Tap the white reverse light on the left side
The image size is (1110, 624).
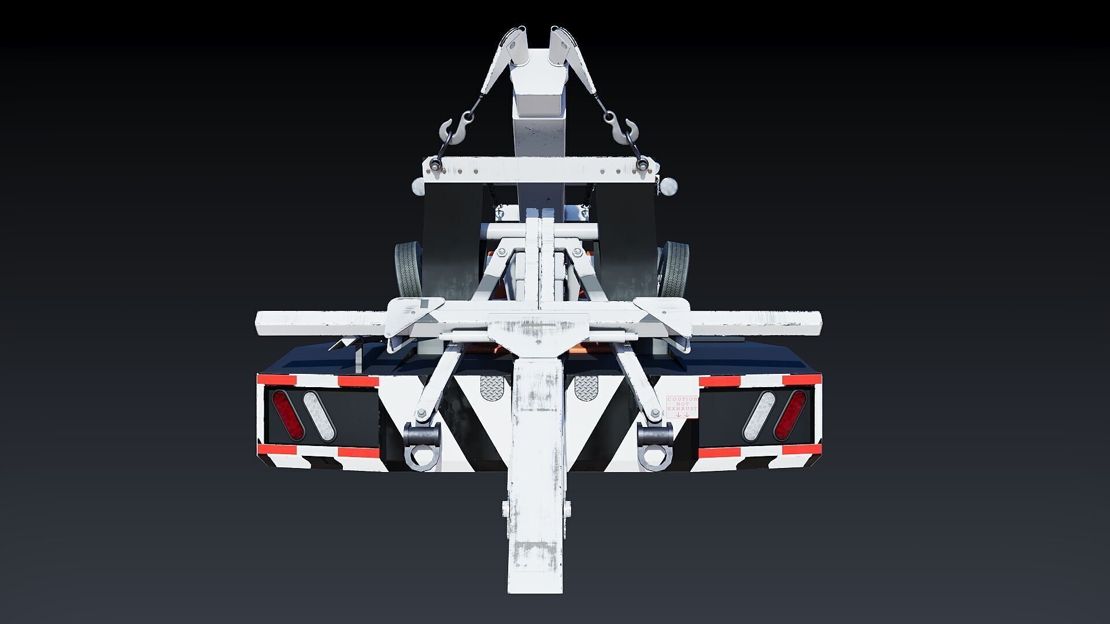point(320,415)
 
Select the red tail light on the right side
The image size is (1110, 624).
point(790,415)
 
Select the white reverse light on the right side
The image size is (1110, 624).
point(759,415)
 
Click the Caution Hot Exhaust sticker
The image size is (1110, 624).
point(682,407)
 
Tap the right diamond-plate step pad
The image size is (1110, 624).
point(588,387)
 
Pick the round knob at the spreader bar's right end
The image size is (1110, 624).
point(669,186)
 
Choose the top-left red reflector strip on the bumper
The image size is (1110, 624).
point(276,380)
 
